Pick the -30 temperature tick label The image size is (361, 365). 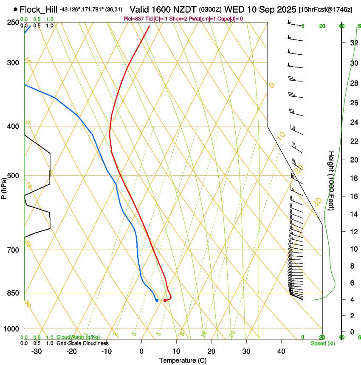[x=37, y=351]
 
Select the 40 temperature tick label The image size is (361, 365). [x=281, y=351]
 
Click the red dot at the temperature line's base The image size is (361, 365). [x=165, y=300]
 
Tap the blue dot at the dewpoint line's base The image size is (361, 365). [x=157, y=300]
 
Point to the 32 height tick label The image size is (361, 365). [x=353, y=42]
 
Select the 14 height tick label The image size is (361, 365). [x=353, y=214]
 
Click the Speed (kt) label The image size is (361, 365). [x=322, y=343]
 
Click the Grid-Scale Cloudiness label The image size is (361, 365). [x=82, y=343]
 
